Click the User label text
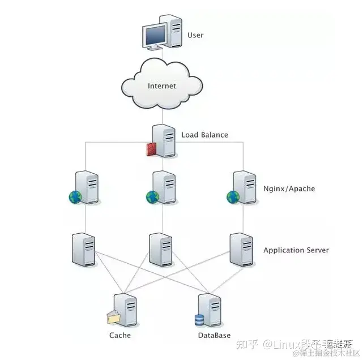pos(195,36)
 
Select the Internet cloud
pos(162,86)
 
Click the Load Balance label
pos(204,135)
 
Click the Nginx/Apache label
pos(289,188)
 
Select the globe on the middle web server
pos(152,197)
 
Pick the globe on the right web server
pos(233,197)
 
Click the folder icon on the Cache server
pos(114,318)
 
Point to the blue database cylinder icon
pos(199,320)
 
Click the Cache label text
pos(119,335)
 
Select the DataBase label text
pos(214,336)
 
